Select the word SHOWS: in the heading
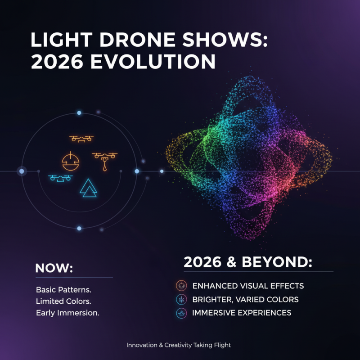[218, 41]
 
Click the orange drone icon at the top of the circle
[81, 139]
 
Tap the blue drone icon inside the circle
[60, 178]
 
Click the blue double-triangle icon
[88, 188]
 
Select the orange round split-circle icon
[70, 161]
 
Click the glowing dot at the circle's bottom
[79, 229]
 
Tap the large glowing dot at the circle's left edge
[22, 171]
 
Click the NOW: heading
[54, 268]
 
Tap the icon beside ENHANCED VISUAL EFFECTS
[181, 285]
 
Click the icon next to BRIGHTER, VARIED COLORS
[181, 299]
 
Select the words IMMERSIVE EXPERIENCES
[242, 313]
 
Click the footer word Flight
[222, 345]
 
